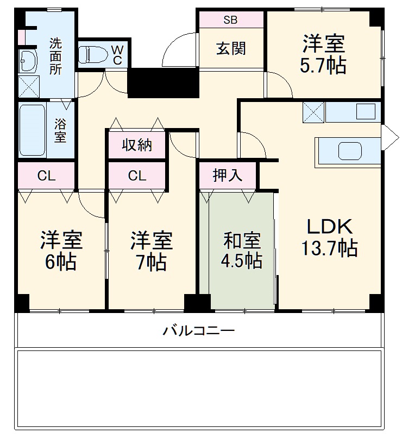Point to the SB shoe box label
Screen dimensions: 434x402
point(230,20)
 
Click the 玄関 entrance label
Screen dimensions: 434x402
point(231,49)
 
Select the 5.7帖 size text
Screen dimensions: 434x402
point(324,66)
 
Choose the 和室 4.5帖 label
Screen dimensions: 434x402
point(242,250)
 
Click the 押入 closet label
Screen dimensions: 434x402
point(227,175)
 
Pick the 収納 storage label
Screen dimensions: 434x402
point(136,145)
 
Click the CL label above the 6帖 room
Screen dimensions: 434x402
point(46,175)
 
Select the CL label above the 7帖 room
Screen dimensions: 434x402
point(137,175)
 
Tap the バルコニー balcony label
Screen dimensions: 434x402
point(199,330)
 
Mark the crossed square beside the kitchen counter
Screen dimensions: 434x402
point(313,113)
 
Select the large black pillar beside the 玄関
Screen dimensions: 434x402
point(163,82)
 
